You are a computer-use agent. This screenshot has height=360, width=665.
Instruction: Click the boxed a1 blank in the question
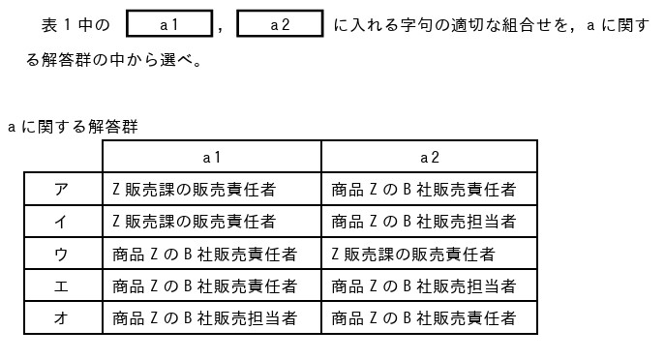(169, 24)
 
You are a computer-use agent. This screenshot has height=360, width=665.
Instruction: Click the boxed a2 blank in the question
(280, 24)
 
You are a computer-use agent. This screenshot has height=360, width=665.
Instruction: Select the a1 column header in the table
(212, 157)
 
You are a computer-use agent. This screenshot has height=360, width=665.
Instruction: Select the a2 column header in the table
(429, 157)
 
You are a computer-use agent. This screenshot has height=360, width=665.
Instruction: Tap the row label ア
(61, 189)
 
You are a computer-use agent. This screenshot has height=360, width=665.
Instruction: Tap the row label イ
(61, 222)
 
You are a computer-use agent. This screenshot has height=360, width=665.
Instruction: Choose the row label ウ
(61, 254)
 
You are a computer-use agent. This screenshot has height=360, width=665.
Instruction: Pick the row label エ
(61, 285)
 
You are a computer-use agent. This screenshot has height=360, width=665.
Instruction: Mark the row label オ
(61, 317)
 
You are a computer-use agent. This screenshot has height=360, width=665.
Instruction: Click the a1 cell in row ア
(195, 189)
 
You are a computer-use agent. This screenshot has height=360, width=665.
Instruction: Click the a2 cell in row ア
(423, 189)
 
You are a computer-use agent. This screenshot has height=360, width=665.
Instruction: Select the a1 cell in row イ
(195, 222)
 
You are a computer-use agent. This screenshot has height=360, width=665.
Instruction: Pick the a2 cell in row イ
(423, 222)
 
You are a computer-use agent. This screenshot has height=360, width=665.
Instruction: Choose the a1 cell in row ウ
(204, 254)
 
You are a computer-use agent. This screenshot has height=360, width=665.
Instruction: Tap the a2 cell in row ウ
(413, 254)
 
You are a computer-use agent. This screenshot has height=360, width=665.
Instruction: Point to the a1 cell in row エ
(204, 285)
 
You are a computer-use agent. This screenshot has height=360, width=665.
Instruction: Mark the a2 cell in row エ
(423, 285)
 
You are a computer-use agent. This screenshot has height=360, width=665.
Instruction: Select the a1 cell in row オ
(204, 317)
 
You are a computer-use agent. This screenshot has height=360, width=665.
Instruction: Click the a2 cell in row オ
(423, 317)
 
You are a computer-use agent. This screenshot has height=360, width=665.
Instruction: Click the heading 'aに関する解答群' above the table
(73, 127)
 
